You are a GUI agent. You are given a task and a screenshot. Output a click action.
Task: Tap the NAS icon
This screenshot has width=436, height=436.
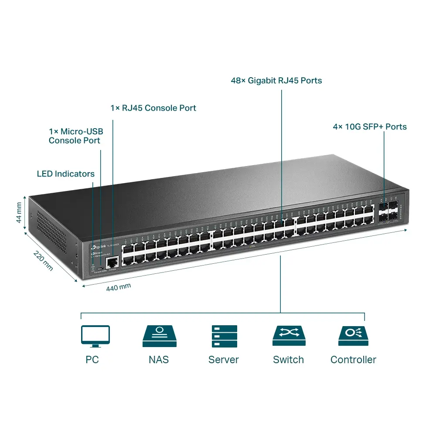tap(159, 336)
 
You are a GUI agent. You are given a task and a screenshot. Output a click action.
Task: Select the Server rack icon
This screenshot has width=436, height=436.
tap(224, 336)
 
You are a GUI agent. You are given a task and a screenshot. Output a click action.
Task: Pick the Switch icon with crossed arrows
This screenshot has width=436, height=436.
tap(289, 336)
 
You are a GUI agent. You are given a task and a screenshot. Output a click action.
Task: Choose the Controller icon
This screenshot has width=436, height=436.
tap(353, 336)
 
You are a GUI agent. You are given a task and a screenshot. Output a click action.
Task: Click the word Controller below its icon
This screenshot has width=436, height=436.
tap(353, 360)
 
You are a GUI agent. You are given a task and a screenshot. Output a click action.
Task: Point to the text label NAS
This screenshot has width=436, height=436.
tap(159, 360)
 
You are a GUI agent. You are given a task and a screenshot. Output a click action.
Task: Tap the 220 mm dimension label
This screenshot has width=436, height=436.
tap(43, 261)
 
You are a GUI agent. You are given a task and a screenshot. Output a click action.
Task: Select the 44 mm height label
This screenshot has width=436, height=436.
tap(19, 212)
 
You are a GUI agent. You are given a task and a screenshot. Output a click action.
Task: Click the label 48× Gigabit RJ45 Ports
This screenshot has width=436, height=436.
tap(276, 81)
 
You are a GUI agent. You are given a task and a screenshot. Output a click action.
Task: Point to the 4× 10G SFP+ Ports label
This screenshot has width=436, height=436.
tap(370, 127)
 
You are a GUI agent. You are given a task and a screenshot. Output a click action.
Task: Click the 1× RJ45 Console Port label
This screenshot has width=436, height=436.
tap(153, 108)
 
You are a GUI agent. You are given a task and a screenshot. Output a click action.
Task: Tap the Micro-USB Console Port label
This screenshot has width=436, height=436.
tap(75, 136)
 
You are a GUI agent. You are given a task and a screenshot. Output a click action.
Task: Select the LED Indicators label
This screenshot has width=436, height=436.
tap(65, 174)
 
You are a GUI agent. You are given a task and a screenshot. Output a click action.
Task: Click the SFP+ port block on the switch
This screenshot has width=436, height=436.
tap(388, 211)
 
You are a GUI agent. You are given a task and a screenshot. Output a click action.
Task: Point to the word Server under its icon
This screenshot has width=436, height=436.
tap(224, 360)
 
